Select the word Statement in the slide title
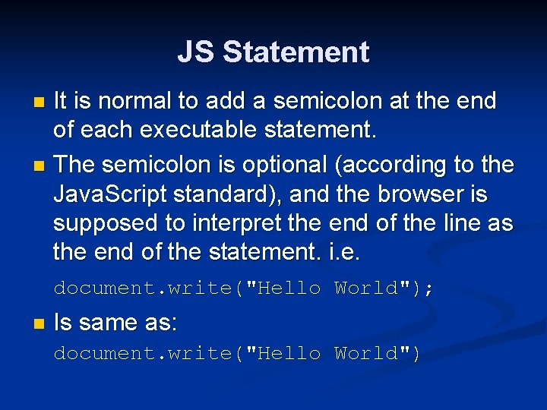click(x=296, y=52)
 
